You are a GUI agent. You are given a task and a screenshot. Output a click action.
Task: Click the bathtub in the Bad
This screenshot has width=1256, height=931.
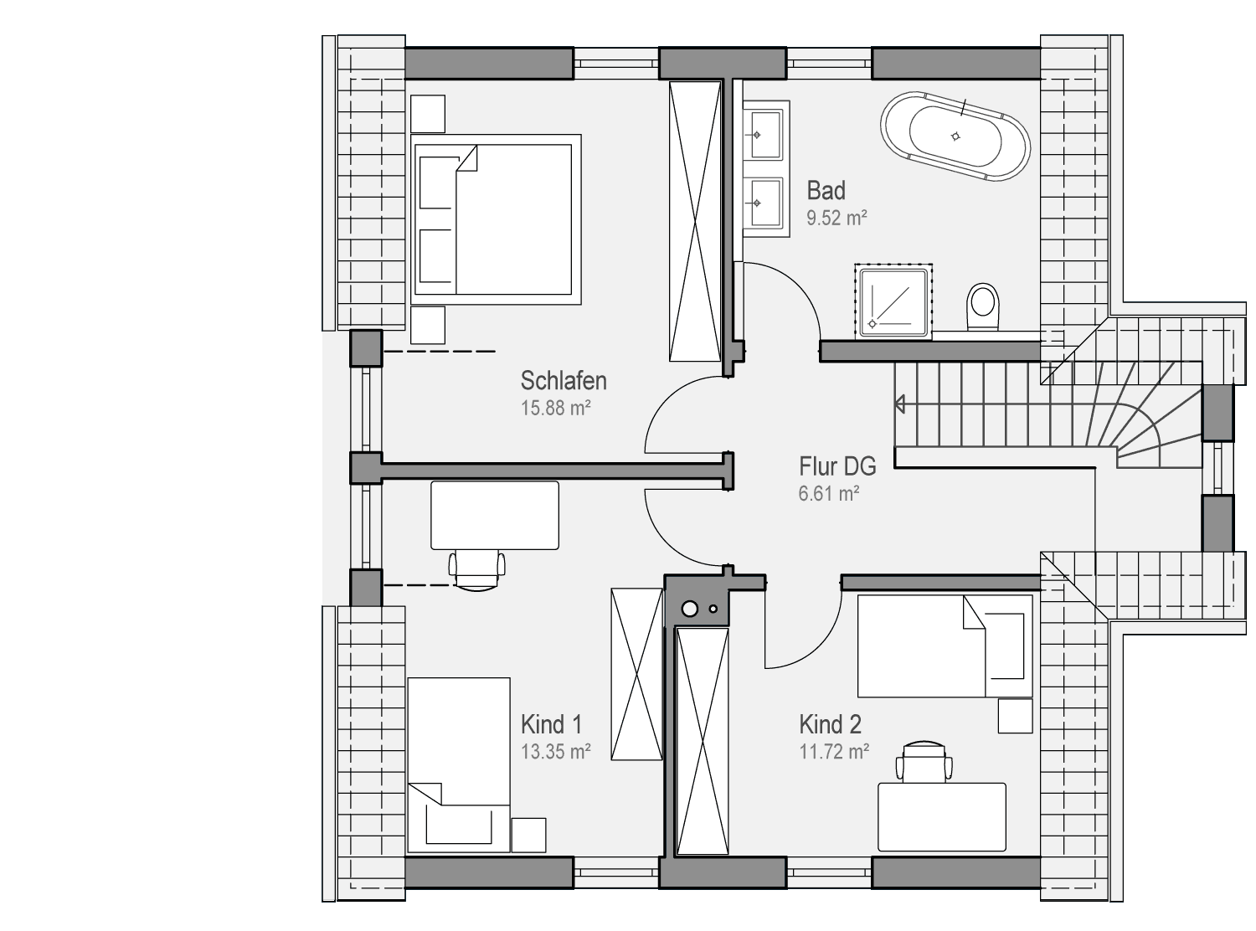coord(955,136)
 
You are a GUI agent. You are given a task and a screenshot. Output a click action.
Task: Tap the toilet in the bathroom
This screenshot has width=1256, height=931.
coord(982,306)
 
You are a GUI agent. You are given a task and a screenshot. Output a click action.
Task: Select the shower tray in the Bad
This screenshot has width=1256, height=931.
coord(893,301)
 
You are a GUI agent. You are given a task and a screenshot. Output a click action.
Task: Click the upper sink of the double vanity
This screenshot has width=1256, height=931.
coord(765,135)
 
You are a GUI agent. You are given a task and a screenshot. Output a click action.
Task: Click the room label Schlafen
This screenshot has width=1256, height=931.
coord(564,381)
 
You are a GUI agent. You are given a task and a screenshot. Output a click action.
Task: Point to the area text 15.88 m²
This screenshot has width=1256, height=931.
coord(555,408)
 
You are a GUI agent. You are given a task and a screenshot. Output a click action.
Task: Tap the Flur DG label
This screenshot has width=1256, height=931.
coord(837,466)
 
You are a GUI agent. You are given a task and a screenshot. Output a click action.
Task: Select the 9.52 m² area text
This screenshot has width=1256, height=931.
coord(836,218)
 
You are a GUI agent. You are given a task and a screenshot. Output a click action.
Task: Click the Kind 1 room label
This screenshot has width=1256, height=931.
coord(551,724)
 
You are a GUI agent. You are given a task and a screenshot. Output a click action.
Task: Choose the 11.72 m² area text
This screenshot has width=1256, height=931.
coord(833,752)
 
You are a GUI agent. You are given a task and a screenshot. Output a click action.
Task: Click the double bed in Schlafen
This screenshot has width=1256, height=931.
coord(496,219)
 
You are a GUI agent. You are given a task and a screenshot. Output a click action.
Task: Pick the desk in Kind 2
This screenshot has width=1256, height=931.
coord(942,817)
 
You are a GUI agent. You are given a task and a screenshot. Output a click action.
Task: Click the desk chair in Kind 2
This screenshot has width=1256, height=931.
coord(924,762)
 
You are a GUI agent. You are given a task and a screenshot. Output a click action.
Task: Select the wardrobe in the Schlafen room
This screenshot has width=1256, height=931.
coord(695,221)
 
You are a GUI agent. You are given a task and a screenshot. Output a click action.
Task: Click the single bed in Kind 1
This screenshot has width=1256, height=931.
coord(459,765)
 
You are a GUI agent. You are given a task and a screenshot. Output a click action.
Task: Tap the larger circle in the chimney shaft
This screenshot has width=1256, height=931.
coord(689,610)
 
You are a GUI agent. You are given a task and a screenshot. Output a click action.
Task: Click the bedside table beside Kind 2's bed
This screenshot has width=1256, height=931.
coord(1015,717)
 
